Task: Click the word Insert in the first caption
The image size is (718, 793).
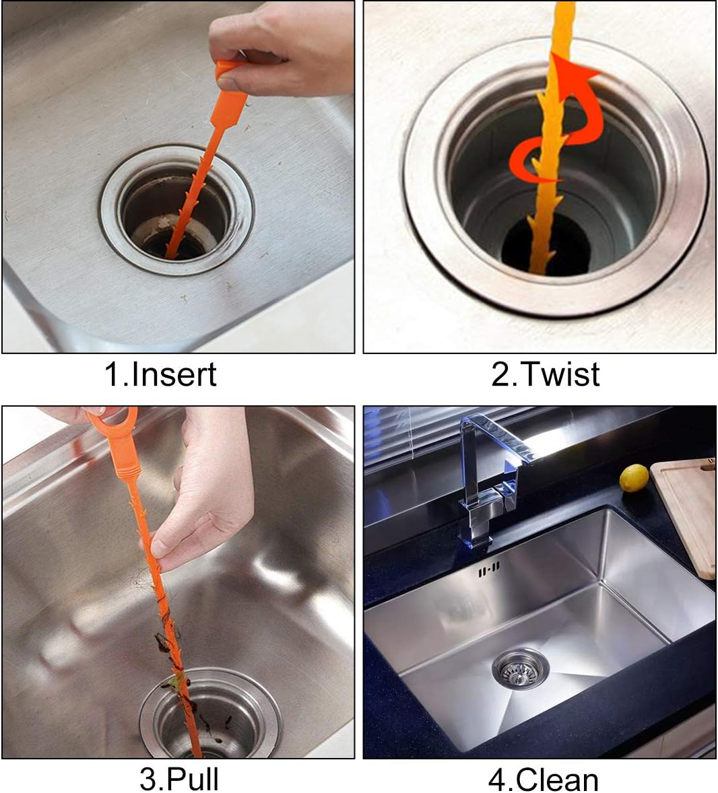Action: [x=174, y=374]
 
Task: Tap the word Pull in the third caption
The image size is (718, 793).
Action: [x=192, y=780]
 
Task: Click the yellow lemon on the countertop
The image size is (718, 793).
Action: [x=634, y=477]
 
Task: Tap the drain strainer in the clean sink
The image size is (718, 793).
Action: [x=520, y=668]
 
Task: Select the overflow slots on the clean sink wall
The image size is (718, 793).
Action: [x=489, y=570]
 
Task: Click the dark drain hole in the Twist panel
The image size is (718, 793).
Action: [x=546, y=248]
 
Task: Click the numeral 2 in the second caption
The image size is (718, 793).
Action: [x=501, y=375]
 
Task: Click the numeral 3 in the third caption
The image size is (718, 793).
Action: [x=149, y=780]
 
